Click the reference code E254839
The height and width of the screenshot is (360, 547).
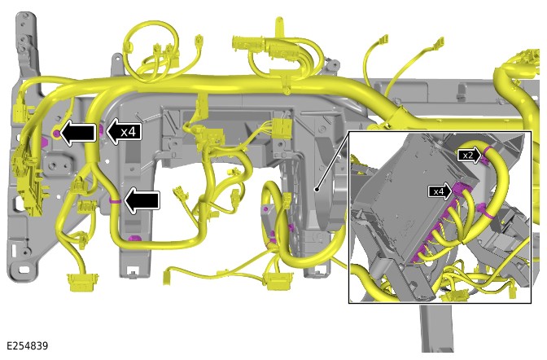pyautogui.click(x=27, y=345)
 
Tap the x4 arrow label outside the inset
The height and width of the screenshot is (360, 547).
pyautogui.click(x=124, y=132)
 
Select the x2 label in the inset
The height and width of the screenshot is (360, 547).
pyautogui.click(x=469, y=156)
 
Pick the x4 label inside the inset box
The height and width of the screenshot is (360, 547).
pyautogui.click(x=440, y=191)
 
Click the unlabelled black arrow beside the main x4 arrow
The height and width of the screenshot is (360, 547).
pyautogui.click(x=78, y=132)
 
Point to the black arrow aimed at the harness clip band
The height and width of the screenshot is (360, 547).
pyautogui.click(x=142, y=200)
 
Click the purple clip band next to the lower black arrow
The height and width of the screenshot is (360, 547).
pyautogui.click(x=115, y=201)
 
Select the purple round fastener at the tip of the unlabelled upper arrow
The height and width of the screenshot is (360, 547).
pyautogui.click(x=56, y=133)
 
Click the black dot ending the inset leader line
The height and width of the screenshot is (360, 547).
pyautogui.click(x=317, y=190)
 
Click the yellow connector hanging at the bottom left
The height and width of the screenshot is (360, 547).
pyautogui.click(x=80, y=283)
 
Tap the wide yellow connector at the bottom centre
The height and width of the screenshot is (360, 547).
pyautogui.click(x=278, y=282)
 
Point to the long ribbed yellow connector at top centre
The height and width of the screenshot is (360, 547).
pyautogui.click(x=266, y=47)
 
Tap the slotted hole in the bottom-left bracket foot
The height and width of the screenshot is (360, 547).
pyautogui.click(x=24, y=270)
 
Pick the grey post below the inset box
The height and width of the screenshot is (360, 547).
pyautogui.click(x=437, y=328)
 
